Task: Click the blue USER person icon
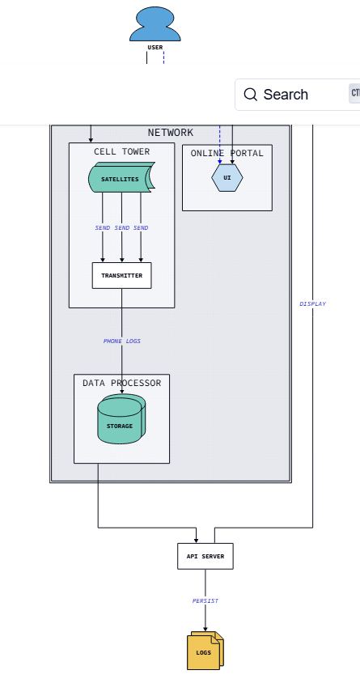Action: click(155, 24)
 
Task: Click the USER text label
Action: click(155, 48)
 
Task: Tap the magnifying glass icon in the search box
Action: click(250, 94)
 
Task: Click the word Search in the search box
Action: click(286, 94)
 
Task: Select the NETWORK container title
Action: click(170, 133)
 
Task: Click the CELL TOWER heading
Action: click(122, 151)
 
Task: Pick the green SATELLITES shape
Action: click(122, 177)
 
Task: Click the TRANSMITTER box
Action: click(122, 275)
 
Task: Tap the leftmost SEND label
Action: click(103, 228)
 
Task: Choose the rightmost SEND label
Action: click(141, 228)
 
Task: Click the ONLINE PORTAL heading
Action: click(227, 153)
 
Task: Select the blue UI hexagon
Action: click(227, 178)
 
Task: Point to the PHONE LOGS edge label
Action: click(122, 341)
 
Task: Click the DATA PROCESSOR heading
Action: click(122, 383)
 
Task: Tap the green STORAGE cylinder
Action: click(121, 419)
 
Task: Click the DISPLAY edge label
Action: click(312, 304)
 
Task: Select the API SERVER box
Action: click(205, 556)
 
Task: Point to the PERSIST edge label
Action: click(205, 600)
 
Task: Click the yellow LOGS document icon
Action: click(205, 651)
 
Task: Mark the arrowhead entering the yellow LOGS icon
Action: click(205, 629)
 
